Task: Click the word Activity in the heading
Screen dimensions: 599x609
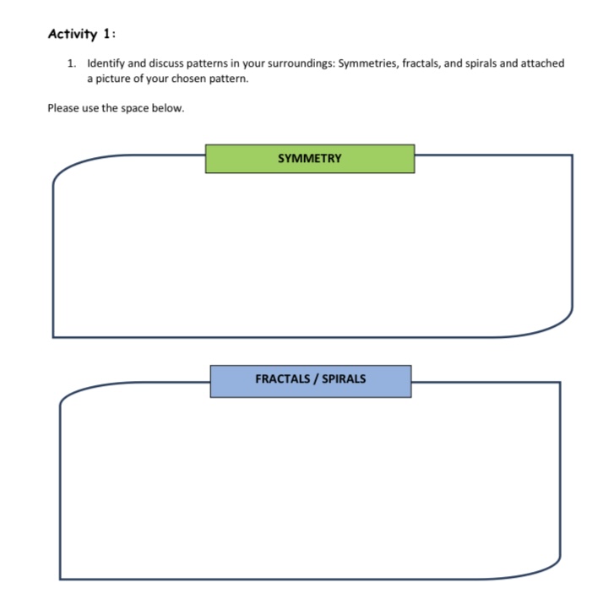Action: click(73, 35)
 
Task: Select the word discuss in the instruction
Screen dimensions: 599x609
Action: click(168, 64)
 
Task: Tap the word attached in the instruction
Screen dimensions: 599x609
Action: click(542, 64)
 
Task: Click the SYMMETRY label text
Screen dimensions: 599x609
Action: click(309, 158)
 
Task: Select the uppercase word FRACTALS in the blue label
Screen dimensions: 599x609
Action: click(283, 379)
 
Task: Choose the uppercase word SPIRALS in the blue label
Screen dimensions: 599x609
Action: click(344, 379)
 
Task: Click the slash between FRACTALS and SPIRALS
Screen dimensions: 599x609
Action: click(316, 379)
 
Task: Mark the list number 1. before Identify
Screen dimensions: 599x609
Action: click(73, 64)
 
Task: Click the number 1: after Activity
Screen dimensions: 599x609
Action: click(110, 35)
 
